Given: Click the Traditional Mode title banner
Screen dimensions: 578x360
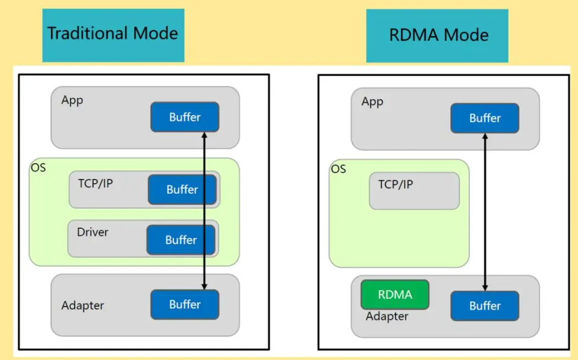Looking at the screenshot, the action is tap(113, 36).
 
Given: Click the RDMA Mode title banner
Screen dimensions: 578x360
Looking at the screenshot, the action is tap(437, 36).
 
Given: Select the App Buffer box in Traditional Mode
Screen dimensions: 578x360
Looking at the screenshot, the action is tap(185, 117).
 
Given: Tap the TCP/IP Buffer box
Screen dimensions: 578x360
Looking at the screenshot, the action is tap(182, 189).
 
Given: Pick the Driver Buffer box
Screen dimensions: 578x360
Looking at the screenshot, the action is tap(181, 240).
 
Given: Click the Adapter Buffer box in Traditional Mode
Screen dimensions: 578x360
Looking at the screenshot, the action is tap(185, 305).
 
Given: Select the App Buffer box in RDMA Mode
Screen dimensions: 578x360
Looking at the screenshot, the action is tap(485, 118).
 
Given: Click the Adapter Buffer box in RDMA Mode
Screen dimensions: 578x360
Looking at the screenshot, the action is tap(485, 306).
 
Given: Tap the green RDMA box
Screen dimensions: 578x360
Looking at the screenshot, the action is tap(395, 294).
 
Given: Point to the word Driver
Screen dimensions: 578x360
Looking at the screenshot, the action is tap(93, 232).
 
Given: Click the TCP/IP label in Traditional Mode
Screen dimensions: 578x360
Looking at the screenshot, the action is tap(95, 183).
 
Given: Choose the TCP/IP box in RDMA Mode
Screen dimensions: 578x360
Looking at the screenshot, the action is tap(415, 190).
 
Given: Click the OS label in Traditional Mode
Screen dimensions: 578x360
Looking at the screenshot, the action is tap(38, 168).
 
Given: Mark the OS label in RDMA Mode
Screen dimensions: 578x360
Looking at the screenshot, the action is tap(338, 169).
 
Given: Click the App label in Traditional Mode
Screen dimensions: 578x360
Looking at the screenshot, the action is tap(72, 100).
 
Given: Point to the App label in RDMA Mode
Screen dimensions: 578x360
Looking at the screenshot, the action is tap(372, 102).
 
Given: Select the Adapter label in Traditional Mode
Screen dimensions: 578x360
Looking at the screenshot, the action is tap(83, 306).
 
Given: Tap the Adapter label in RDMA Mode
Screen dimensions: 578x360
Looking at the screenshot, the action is tap(387, 316).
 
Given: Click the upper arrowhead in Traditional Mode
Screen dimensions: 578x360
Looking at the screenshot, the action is tap(204, 135).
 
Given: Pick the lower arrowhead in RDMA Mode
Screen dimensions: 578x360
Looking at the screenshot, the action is tap(485, 288).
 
